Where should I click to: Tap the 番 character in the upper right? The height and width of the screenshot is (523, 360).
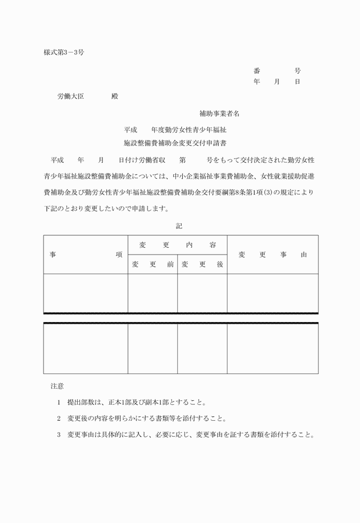[x=257, y=71]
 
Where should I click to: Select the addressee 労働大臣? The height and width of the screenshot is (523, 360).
[x=71, y=96]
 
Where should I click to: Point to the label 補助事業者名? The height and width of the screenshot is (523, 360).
[x=219, y=114]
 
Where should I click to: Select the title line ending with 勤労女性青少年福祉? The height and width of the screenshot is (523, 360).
[x=179, y=130]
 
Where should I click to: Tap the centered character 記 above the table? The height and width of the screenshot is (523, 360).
[x=179, y=226]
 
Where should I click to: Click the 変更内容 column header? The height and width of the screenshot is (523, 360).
[x=177, y=245]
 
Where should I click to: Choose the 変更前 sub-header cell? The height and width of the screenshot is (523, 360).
[x=153, y=264]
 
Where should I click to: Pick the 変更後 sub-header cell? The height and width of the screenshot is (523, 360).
[x=202, y=264]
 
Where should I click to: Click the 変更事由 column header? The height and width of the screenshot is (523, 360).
[x=273, y=255]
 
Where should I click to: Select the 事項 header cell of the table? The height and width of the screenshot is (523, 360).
[x=86, y=255]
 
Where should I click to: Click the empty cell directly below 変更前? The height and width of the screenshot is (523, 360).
[x=153, y=293]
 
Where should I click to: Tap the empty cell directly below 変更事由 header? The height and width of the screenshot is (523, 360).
[x=273, y=293]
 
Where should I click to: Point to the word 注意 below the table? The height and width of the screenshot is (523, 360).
[x=57, y=387]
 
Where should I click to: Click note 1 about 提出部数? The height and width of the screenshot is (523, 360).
[x=137, y=402]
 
